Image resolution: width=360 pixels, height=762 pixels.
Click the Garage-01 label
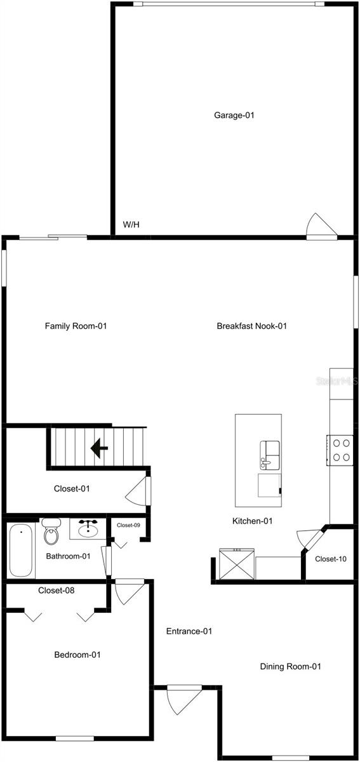[x=234, y=116]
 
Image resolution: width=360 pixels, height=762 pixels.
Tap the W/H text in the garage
[x=131, y=225]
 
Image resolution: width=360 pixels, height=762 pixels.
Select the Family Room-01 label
[x=76, y=326]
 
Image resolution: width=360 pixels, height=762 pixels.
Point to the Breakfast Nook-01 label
[x=252, y=326]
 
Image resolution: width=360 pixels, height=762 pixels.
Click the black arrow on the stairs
[x=98, y=449]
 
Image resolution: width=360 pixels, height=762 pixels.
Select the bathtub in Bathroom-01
[x=21, y=550]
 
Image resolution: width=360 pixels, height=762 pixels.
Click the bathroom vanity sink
[x=88, y=528]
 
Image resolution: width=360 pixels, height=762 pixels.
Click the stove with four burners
[x=341, y=450]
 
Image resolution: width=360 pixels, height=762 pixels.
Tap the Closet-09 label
[x=128, y=525]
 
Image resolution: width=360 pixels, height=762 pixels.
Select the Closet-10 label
[x=331, y=559]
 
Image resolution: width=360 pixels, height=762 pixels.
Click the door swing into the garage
[x=318, y=225]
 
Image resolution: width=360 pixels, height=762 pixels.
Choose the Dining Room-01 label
[x=291, y=667]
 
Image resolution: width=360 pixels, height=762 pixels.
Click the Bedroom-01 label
[x=77, y=655]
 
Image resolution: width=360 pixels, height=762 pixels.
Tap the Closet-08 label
[x=57, y=591]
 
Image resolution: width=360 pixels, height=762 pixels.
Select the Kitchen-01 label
[x=252, y=521]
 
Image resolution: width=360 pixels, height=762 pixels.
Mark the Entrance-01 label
[x=189, y=631]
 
